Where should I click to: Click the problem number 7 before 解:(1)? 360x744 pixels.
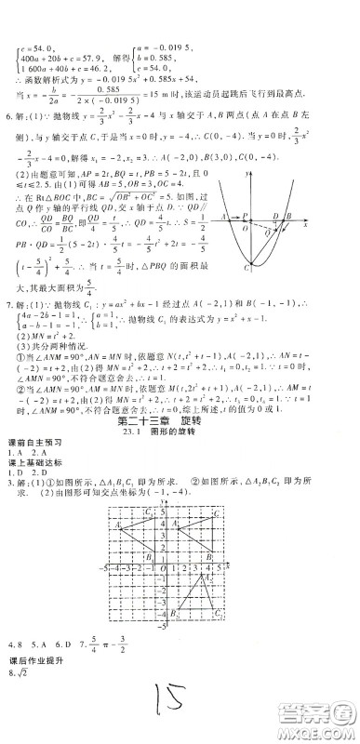click(x=8, y=304)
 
